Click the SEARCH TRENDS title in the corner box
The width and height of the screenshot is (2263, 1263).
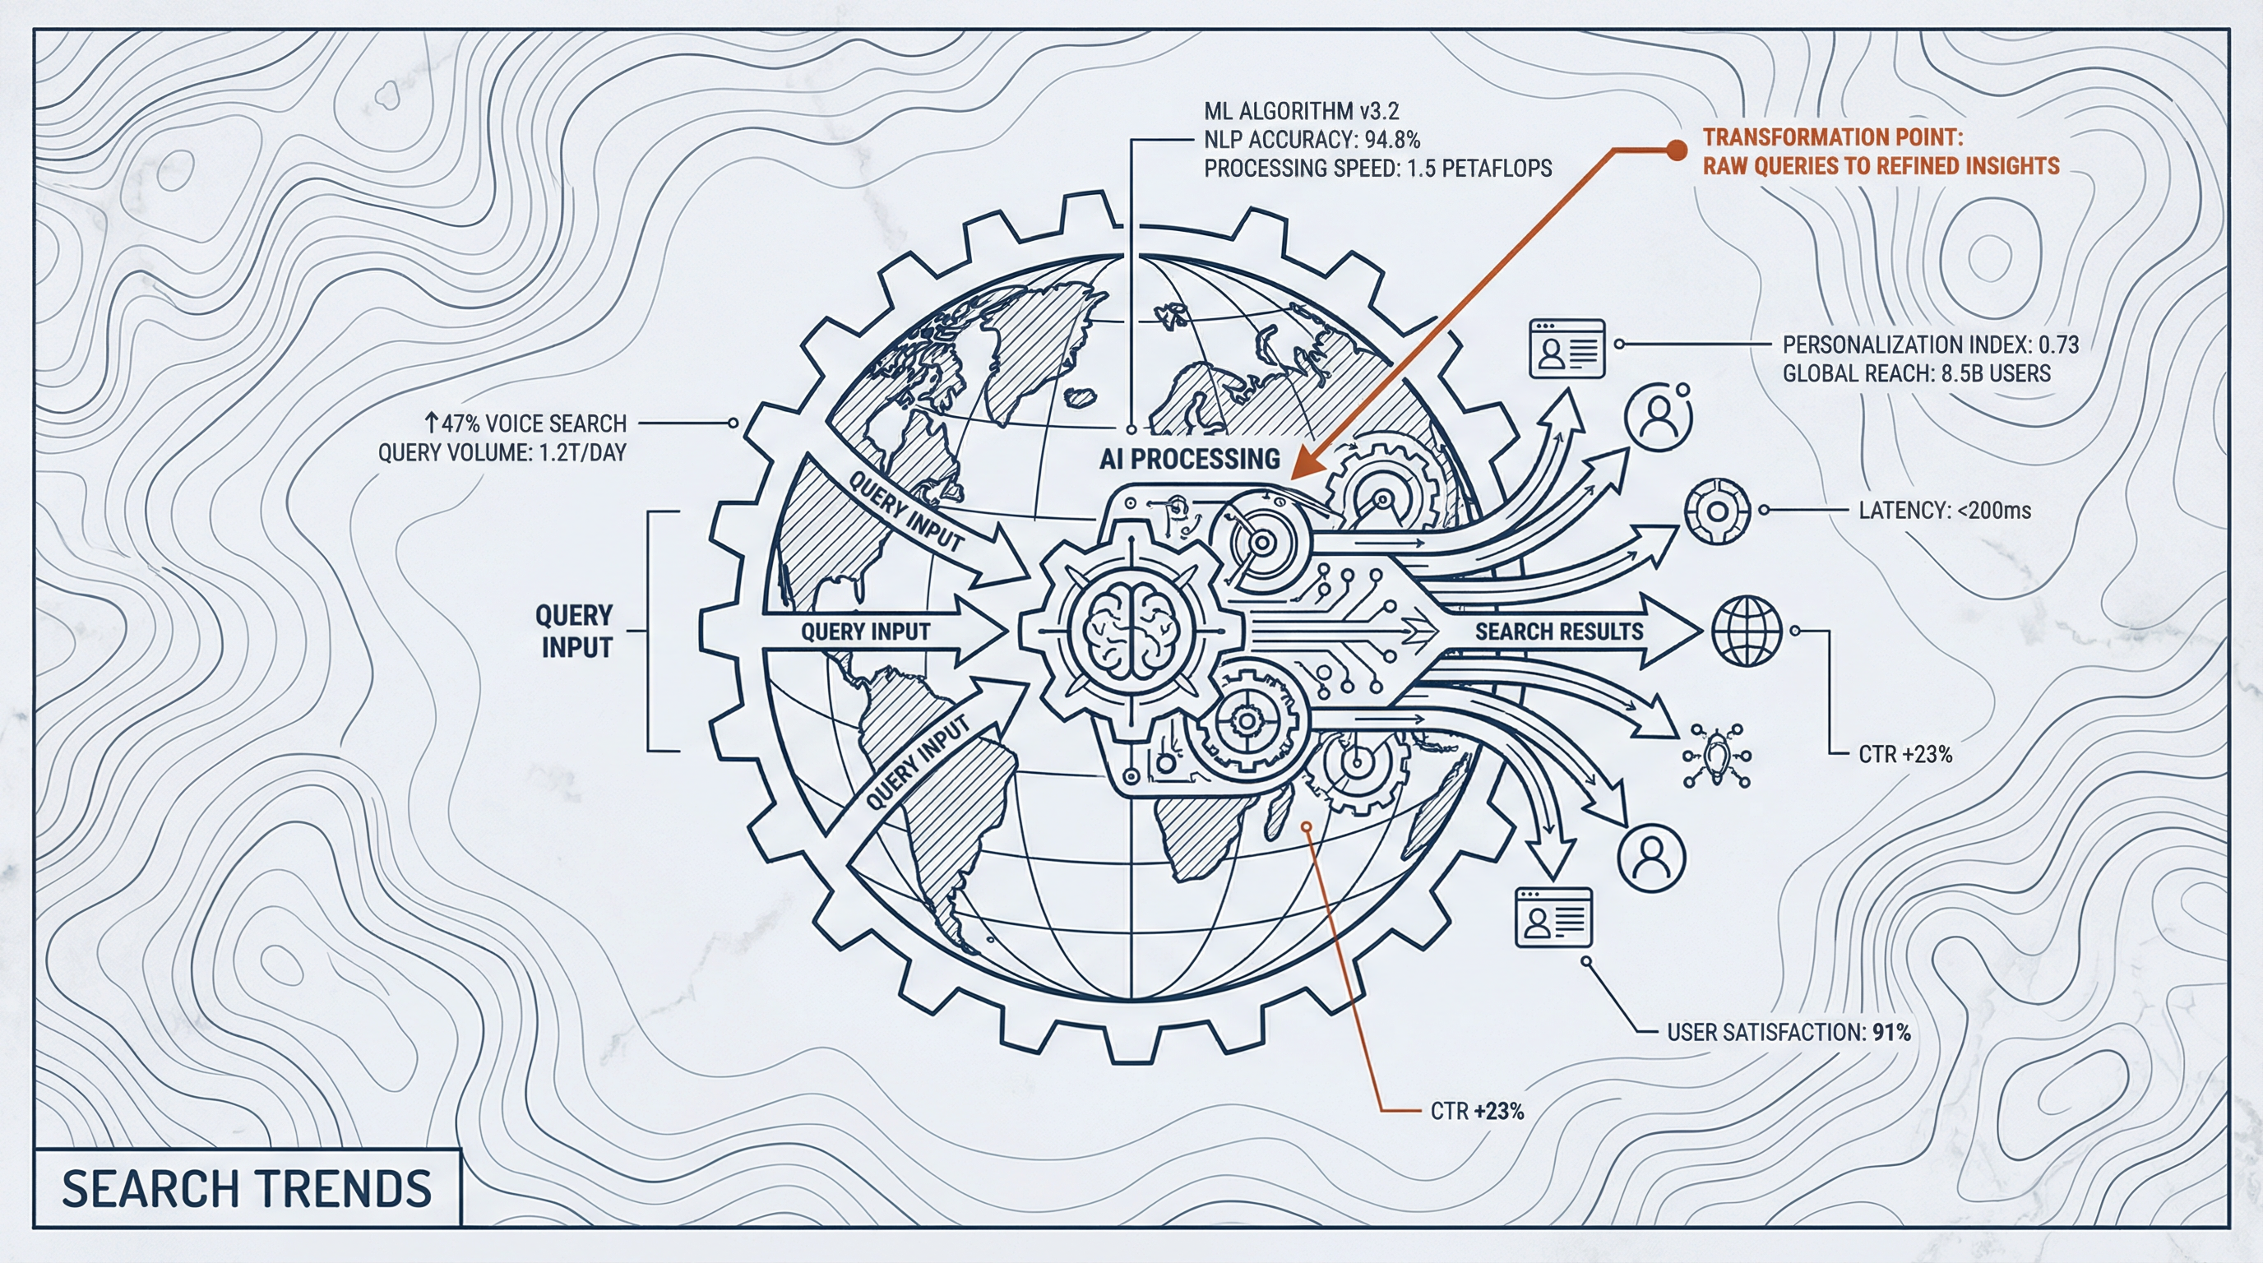tap(246, 1188)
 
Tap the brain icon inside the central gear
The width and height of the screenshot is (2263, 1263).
tap(1131, 631)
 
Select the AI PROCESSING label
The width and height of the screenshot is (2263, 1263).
tap(1190, 459)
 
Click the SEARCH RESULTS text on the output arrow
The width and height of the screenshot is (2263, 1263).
tap(1558, 631)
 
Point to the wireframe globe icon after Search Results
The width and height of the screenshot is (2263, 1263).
tap(1747, 631)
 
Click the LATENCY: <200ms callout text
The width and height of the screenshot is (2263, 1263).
tap(1944, 511)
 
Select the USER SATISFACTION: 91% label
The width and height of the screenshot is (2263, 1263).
tap(1789, 1032)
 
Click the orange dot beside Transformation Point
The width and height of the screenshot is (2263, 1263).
tap(1676, 150)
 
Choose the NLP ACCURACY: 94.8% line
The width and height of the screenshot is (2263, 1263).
tap(1312, 140)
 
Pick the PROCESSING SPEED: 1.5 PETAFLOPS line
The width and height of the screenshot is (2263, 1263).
tap(1377, 168)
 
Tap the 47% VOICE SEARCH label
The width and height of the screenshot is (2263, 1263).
tap(526, 423)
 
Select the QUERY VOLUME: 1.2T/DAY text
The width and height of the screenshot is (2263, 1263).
tap(502, 453)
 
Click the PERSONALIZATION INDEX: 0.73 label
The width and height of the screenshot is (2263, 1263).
tap(1930, 345)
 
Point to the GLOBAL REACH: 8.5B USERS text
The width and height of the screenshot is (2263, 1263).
tap(1916, 373)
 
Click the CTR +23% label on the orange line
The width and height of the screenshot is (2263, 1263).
tap(1477, 1111)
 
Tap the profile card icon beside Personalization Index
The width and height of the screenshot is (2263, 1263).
tap(1567, 349)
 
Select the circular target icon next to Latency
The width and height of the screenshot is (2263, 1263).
tap(1717, 511)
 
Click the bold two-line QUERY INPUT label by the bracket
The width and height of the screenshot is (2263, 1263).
tap(576, 631)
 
